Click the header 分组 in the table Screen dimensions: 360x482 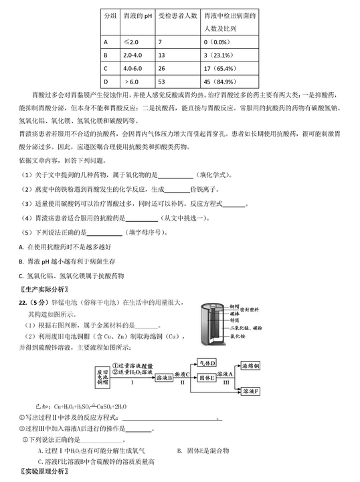tap(108, 14)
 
